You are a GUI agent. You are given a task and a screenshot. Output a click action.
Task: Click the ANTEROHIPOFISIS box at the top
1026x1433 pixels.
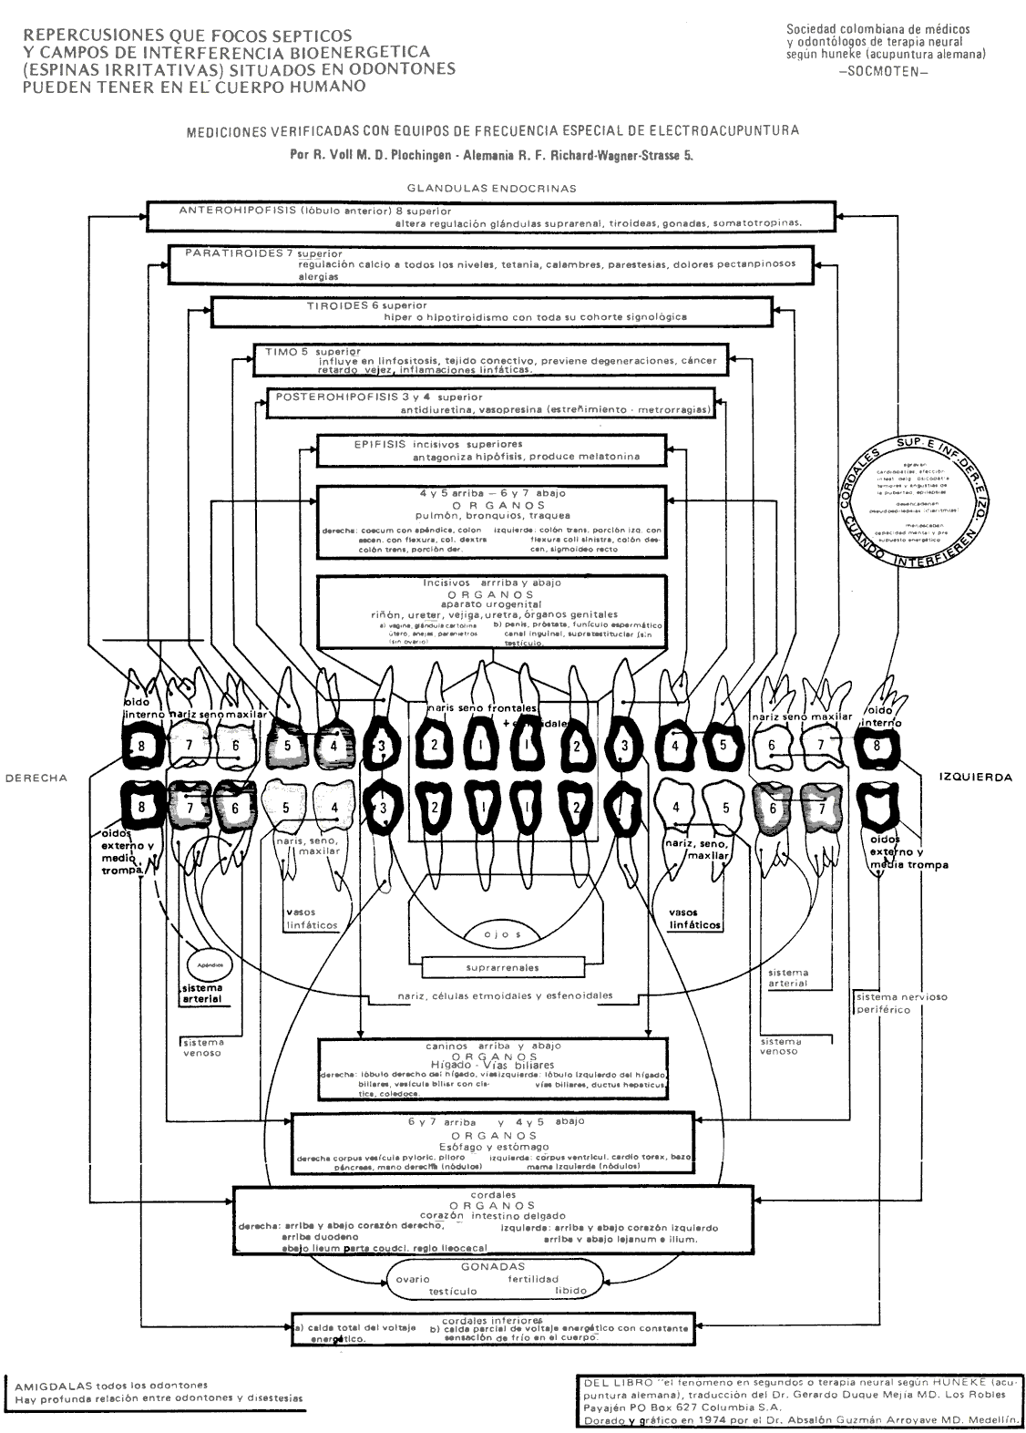pyautogui.click(x=492, y=216)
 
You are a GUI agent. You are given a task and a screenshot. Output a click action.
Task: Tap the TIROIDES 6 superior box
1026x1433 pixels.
pyautogui.click(x=492, y=311)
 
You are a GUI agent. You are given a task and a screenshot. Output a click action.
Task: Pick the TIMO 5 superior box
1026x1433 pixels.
pyautogui.click(x=492, y=359)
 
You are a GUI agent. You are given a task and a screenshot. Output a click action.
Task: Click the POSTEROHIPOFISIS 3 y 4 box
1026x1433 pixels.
pyautogui.click(x=492, y=403)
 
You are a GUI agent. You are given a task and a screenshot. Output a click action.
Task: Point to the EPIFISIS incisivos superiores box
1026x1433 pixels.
pyautogui.click(x=492, y=449)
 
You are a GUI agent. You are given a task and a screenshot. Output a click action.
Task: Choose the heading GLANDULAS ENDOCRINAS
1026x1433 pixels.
pyautogui.click(x=492, y=189)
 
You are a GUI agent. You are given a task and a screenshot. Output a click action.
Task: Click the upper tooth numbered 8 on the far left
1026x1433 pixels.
pyautogui.click(x=142, y=746)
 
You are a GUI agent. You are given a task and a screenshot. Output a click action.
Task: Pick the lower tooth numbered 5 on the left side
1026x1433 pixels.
pyautogui.click(x=285, y=807)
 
